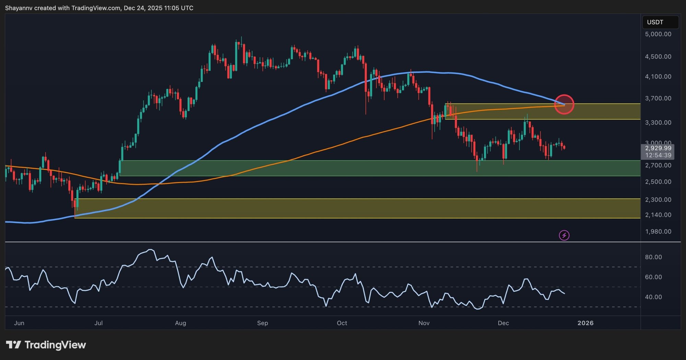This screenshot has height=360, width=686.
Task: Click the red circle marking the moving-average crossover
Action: (564, 104)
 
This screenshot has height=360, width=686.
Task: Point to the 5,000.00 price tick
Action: (658, 34)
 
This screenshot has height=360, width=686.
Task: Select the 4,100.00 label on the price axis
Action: (658, 76)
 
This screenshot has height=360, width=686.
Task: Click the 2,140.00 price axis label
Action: (658, 215)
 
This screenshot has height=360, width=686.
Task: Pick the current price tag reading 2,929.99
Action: (658, 148)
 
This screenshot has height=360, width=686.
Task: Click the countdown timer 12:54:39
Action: (658, 155)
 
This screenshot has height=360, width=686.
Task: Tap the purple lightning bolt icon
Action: (564, 235)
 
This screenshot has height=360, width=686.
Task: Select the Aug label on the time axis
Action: (180, 323)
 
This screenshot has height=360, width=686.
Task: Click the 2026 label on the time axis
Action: (585, 323)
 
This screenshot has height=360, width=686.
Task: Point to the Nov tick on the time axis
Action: (424, 323)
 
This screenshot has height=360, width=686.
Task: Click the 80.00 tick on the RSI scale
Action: (653, 257)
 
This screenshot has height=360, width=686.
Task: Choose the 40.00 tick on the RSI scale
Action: (653, 297)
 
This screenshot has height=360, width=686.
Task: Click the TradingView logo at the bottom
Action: (46, 345)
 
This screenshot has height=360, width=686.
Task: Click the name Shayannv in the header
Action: (19, 8)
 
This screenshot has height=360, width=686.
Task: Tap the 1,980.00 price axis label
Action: (658, 232)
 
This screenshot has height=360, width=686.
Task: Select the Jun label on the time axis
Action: (19, 323)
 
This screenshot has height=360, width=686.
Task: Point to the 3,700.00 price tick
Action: (658, 98)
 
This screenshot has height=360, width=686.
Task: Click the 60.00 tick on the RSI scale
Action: (653, 277)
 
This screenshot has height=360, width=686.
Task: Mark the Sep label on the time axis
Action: (262, 323)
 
